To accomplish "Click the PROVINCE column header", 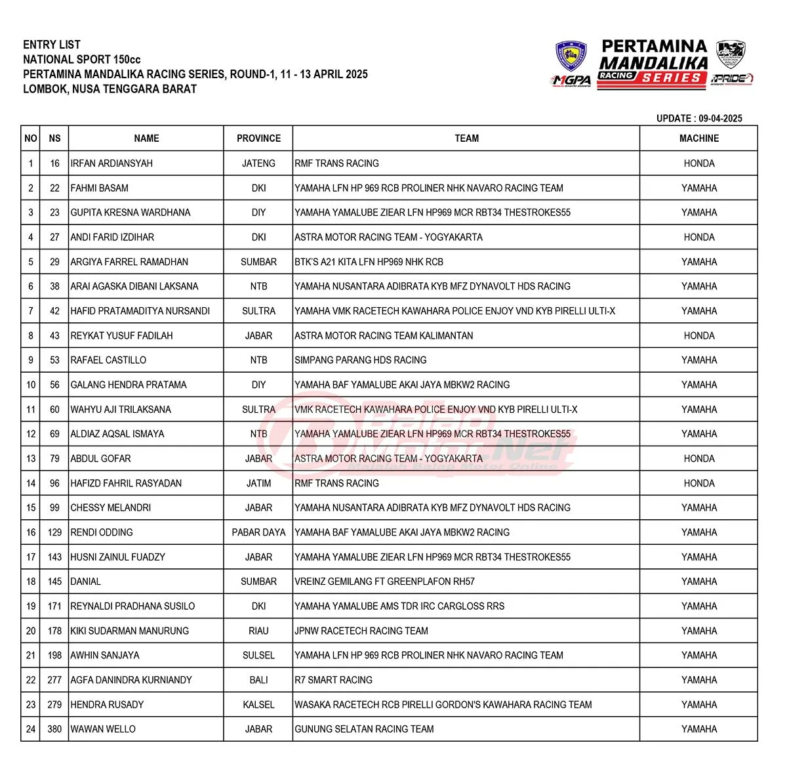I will coord(258,138).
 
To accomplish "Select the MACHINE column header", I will coord(698,138).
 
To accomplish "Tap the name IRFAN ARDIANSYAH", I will coord(111,163).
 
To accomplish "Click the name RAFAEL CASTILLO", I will coord(108,360).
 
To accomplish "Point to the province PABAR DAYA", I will coord(258,532).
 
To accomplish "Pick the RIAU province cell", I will coord(258,631).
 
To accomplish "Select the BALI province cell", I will coord(258,680).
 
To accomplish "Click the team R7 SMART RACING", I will coord(333,680).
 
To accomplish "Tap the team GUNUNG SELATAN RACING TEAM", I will coord(364,729).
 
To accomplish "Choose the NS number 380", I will coord(54,729).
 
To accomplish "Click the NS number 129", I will coord(54,532).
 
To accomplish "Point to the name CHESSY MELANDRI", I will coord(111,508).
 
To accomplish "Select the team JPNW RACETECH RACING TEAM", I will coord(361,631).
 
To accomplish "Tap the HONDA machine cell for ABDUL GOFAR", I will coord(698,459).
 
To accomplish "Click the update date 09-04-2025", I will coord(720,119).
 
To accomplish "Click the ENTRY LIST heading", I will coord(52,45).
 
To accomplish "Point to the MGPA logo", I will coord(571,80).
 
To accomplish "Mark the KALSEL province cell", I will coord(258,705).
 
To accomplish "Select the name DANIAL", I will coord(86,582).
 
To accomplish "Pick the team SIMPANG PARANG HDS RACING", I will coord(360,360).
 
